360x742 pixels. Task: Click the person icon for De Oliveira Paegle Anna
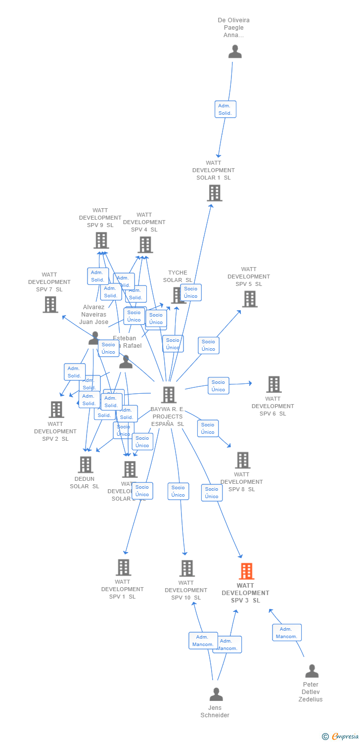click(235, 51)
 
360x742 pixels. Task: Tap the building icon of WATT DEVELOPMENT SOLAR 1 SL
click(215, 193)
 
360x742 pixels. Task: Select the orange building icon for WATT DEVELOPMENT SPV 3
click(246, 571)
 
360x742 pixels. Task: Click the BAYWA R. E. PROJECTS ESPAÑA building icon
click(169, 395)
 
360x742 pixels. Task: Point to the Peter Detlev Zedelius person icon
click(312, 671)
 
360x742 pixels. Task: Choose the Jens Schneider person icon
click(216, 695)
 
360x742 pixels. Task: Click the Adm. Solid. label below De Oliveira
click(225, 109)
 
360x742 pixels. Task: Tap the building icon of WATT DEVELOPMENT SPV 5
click(250, 299)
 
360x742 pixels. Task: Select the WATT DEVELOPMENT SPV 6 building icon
click(273, 384)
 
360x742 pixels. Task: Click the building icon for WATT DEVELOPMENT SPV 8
click(242, 460)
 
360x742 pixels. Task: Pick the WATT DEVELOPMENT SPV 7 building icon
click(50, 304)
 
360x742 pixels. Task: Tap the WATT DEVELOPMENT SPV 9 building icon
click(101, 240)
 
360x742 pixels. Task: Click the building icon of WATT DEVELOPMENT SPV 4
click(145, 244)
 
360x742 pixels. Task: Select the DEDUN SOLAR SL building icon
click(86, 464)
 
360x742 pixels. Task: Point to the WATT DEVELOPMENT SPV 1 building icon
click(123, 567)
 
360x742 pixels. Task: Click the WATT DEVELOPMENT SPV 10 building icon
click(187, 568)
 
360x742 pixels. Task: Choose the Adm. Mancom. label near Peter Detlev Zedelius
click(286, 633)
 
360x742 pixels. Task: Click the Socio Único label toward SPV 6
click(218, 386)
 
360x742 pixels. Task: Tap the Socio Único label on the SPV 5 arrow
click(208, 345)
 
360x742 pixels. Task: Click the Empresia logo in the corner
click(341, 737)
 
